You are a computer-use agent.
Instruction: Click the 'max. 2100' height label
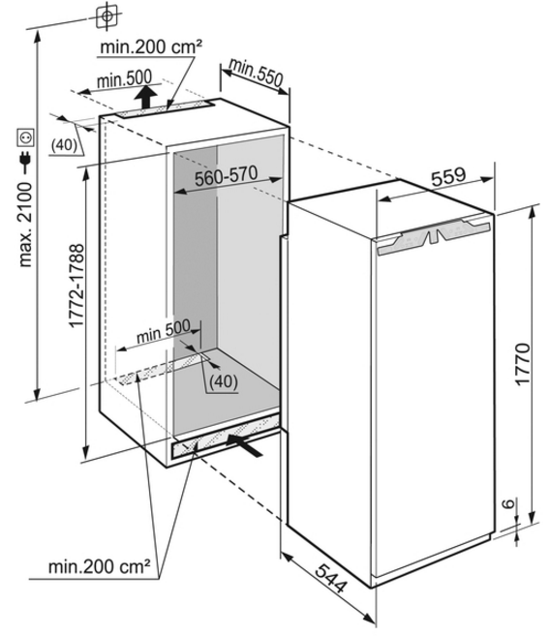(x=25, y=225)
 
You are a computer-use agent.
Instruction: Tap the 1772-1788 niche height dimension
(x=76, y=286)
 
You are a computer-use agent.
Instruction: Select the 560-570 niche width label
(x=226, y=176)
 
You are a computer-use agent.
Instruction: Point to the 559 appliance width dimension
(x=448, y=177)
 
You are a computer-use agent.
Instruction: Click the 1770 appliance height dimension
(x=522, y=364)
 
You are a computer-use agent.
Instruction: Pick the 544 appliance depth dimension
(x=331, y=578)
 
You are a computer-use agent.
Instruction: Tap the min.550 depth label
(x=256, y=73)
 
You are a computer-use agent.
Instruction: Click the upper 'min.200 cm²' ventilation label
(x=151, y=47)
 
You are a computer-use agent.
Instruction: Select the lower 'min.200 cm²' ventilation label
(x=100, y=566)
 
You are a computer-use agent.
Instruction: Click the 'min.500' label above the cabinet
(x=125, y=78)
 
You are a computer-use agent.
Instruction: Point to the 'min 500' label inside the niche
(x=163, y=331)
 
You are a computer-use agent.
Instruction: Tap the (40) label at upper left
(x=64, y=145)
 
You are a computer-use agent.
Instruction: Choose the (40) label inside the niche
(x=224, y=381)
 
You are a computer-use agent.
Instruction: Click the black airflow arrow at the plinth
(x=245, y=445)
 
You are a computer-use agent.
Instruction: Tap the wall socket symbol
(x=25, y=137)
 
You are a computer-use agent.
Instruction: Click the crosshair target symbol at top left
(x=107, y=16)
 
